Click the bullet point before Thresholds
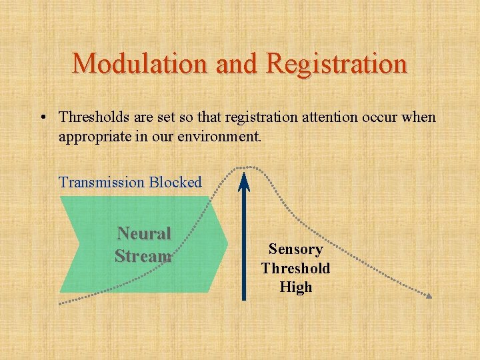click(42, 118)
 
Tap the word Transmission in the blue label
click(102, 182)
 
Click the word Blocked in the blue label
click(175, 182)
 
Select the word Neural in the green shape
click(144, 233)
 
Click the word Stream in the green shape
click(143, 256)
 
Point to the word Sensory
click(295, 249)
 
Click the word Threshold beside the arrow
click(295, 268)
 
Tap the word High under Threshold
click(295, 287)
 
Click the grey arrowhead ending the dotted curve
click(429, 295)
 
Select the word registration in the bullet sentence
click(253, 117)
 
